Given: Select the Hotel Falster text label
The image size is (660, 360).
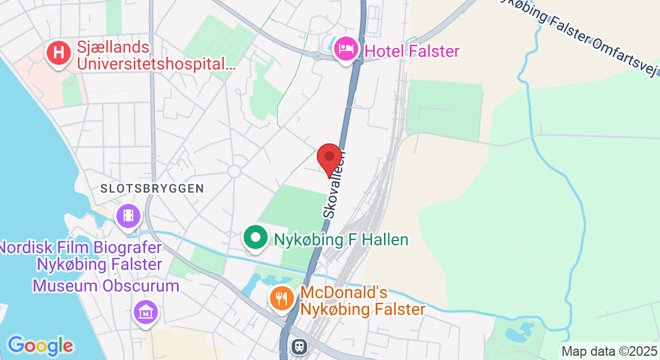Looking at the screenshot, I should pyautogui.click(x=412, y=51).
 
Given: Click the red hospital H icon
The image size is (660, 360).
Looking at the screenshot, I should pyautogui.click(x=58, y=52).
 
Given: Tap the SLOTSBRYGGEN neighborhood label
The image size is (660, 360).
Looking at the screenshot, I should pyautogui.click(x=152, y=188).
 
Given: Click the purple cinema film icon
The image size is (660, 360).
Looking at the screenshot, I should pyautogui.click(x=128, y=215).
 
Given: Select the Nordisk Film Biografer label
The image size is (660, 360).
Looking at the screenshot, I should pyautogui.click(x=81, y=256).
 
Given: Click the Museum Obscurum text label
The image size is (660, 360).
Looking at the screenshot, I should pyautogui.click(x=106, y=286).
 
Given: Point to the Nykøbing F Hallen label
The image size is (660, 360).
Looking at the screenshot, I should pyautogui.click(x=341, y=240).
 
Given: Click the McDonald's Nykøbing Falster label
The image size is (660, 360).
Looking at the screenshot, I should pyautogui.click(x=362, y=301).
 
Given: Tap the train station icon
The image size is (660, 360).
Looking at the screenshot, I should pyautogui.click(x=298, y=346).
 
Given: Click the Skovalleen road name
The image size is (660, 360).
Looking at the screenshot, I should pyautogui.click(x=334, y=184).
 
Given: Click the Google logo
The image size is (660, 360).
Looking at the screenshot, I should pyautogui.click(x=40, y=346).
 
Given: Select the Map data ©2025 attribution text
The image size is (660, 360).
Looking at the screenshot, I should pyautogui.click(x=609, y=351).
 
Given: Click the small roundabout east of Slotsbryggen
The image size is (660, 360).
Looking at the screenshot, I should pyautogui.click(x=234, y=171).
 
